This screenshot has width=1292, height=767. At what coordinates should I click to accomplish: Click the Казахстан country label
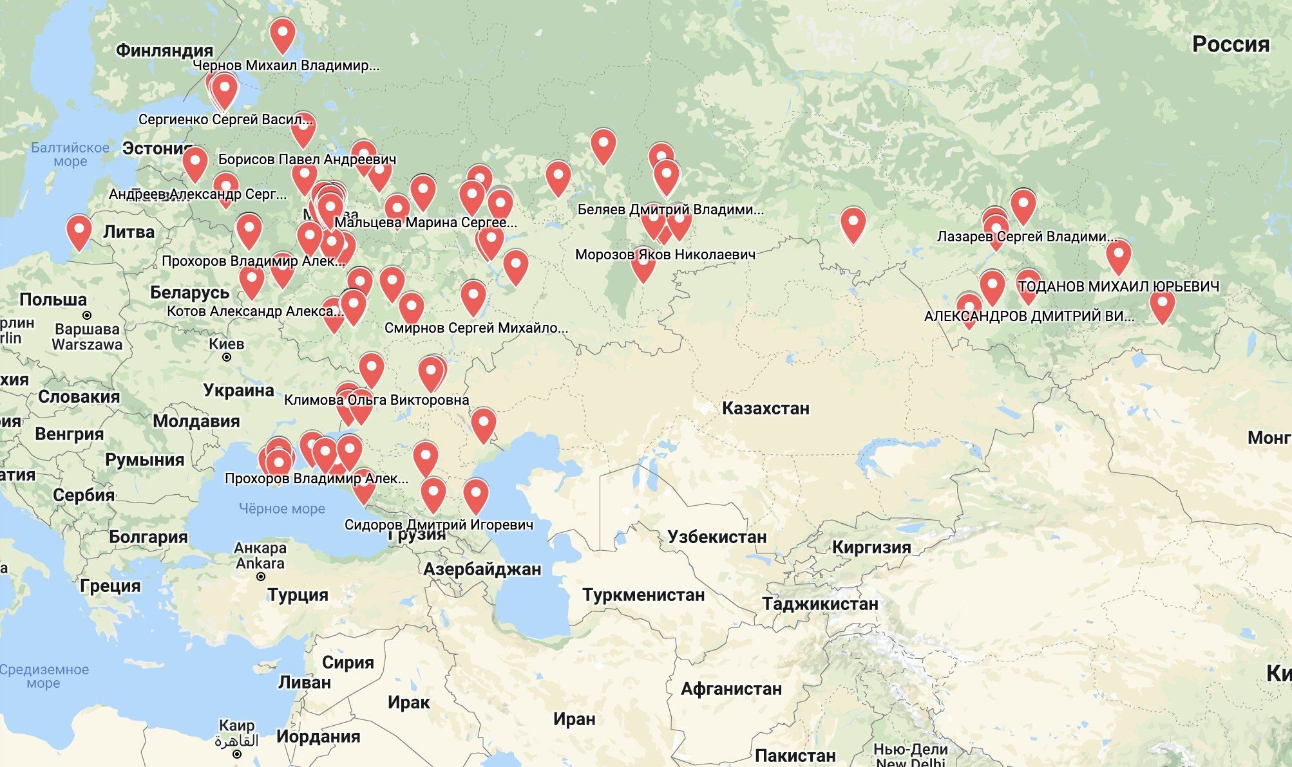point(765,408)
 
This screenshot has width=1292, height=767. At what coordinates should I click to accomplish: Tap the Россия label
point(1230,44)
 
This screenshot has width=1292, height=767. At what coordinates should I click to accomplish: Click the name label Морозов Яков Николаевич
point(665,254)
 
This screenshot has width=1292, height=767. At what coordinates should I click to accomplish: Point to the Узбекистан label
point(717,537)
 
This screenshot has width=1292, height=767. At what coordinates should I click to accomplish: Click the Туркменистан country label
point(643,595)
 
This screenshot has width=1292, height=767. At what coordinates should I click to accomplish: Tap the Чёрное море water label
point(281,508)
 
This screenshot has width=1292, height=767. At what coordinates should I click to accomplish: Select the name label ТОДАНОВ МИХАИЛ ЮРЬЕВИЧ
point(1119,286)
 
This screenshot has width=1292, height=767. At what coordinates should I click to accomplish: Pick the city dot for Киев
point(227,357)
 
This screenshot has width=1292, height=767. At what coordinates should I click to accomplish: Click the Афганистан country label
point(731,689)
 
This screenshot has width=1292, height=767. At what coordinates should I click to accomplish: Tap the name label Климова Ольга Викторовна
point(376,400)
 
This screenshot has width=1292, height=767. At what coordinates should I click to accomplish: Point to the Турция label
point(298,595)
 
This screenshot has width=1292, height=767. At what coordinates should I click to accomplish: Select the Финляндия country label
point(164,50)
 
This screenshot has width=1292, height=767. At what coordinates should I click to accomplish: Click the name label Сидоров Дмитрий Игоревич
point(439,524)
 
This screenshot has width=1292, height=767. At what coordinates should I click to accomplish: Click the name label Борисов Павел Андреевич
point(307,159)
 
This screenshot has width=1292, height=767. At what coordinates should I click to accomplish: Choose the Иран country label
point(573,719)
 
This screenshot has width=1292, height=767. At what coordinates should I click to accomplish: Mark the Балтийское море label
point(70,154)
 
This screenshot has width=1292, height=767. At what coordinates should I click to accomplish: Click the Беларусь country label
point(189,292)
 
